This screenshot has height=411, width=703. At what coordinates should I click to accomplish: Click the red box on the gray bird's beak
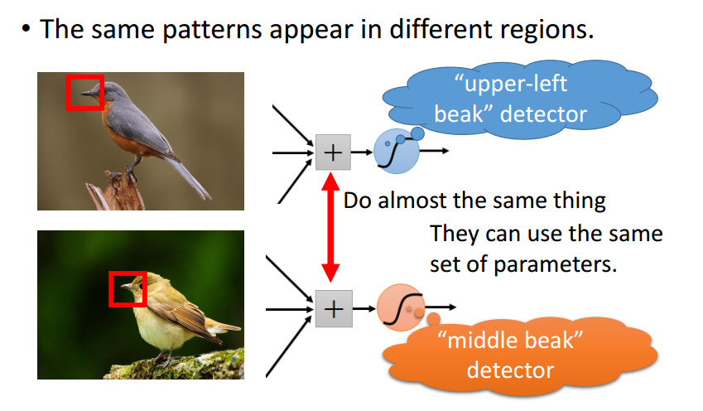pyautogui.click(x=84, y=92)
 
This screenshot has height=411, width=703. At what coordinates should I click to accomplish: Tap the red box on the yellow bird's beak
pyautogui.click(x=128, y=289)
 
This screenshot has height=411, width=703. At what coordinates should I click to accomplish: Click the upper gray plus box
pyautogui.click(x=332, y=152)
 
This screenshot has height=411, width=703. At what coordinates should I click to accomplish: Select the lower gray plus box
pyautogui.click(x=332, y=309)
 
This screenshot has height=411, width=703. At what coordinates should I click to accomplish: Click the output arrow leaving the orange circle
pyautogui.click(x=441, y=307)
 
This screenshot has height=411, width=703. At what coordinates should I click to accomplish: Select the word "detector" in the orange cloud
pyautogui.click(x=509, y=368)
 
